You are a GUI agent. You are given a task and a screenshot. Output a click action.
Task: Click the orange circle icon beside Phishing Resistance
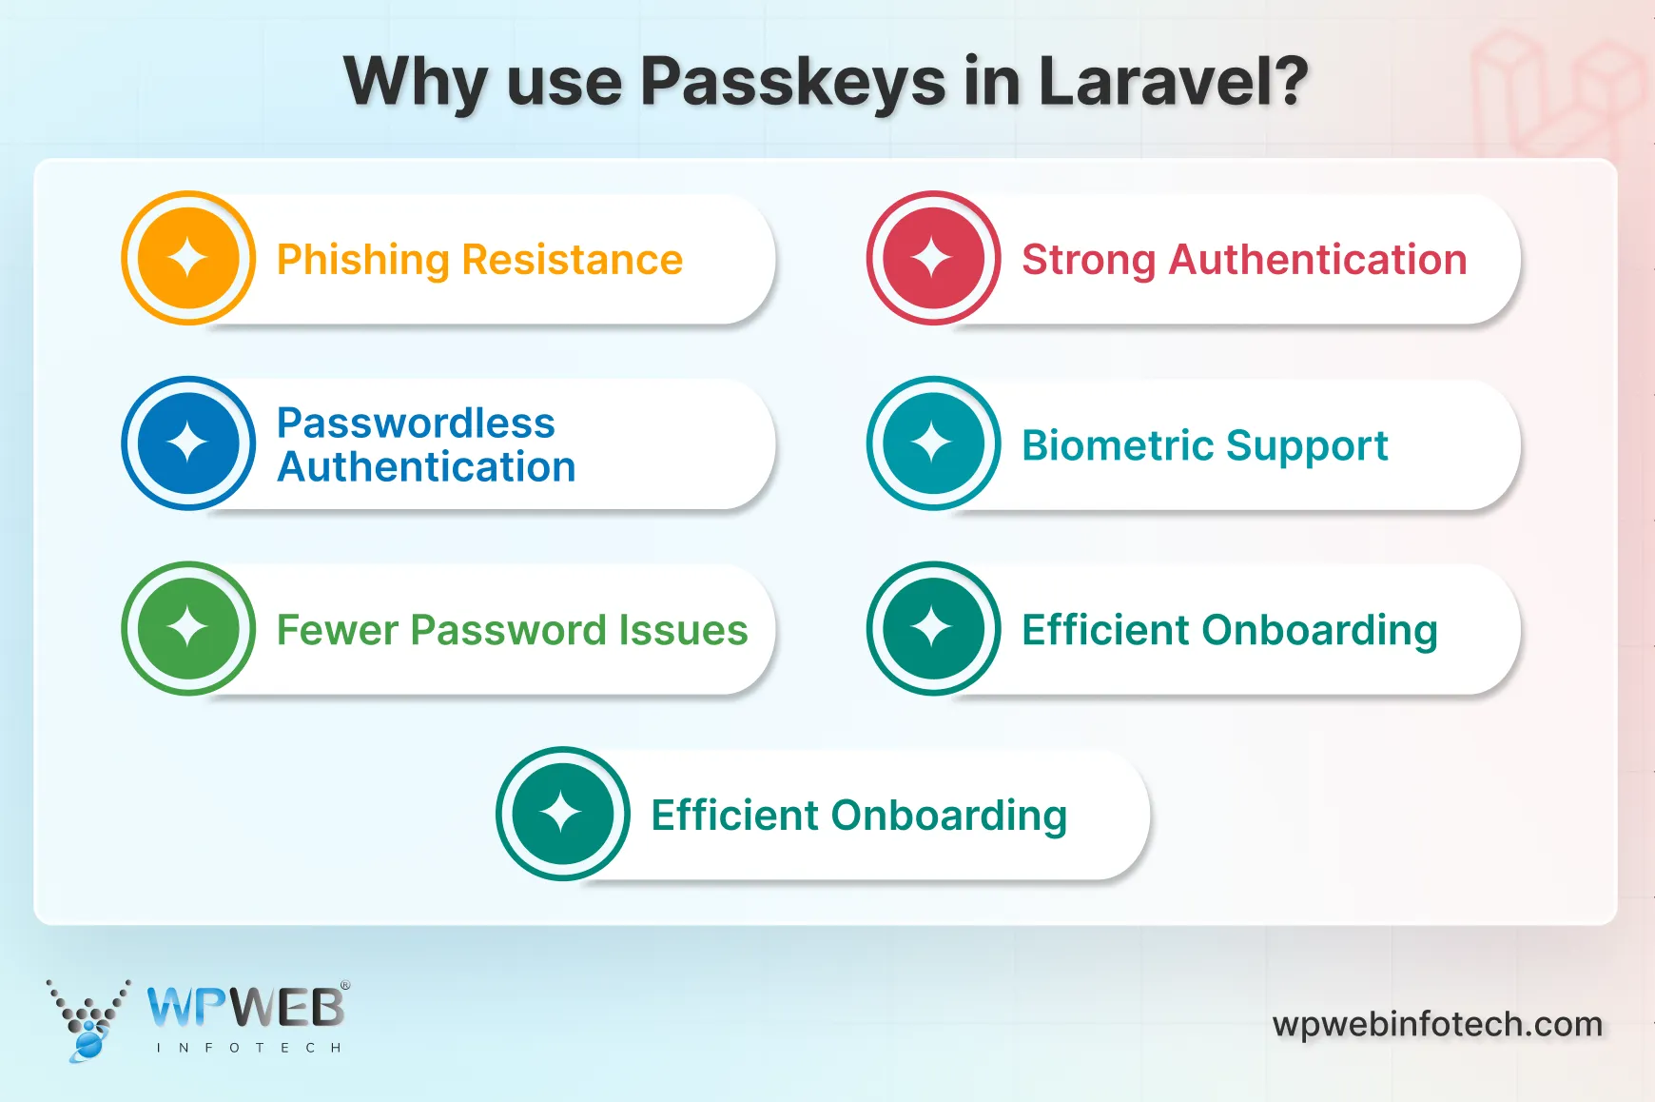click(x=188, y=258)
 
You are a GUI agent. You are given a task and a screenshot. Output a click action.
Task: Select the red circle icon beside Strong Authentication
click(x=933, y=258)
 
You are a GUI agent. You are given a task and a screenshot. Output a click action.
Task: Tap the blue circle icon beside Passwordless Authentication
click(x=188, y=443)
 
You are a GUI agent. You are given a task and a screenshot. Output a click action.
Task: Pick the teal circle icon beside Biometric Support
click(x=933, y=443)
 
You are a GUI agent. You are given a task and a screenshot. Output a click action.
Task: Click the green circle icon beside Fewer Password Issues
click(x=188, y=628)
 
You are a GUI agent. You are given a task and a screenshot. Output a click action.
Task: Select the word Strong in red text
click(x=1088, y=261)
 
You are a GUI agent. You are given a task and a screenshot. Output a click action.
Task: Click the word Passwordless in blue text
click(x=416, y=423)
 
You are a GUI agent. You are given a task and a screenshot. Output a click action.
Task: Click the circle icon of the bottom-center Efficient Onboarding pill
click(x=562, y=814)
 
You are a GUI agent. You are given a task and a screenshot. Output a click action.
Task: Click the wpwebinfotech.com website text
click(x=1437, y=1024)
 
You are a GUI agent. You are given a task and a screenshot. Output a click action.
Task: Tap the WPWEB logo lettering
click(x=246, y=1008)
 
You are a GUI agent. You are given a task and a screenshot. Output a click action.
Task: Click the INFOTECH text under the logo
click(x=248, y=1048)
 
